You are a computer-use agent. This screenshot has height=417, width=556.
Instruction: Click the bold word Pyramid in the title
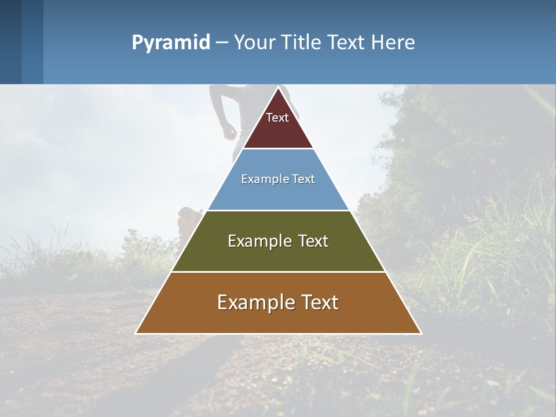pyautogui.click(x=171, y=43)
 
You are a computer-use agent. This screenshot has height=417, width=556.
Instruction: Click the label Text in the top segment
pyautogui.click(x=277, y=118)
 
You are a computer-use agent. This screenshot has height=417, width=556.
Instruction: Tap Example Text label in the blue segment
pyautogui.click(x=278, y=179)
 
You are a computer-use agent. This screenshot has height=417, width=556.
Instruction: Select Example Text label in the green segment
pyautogui.click(x=278, y=241)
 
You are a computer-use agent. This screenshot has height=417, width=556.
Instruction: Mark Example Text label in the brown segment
pyautogui.click(x=278, y=302)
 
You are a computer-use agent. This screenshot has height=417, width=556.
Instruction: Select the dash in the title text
pyautogui.click(x=221, y=43)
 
